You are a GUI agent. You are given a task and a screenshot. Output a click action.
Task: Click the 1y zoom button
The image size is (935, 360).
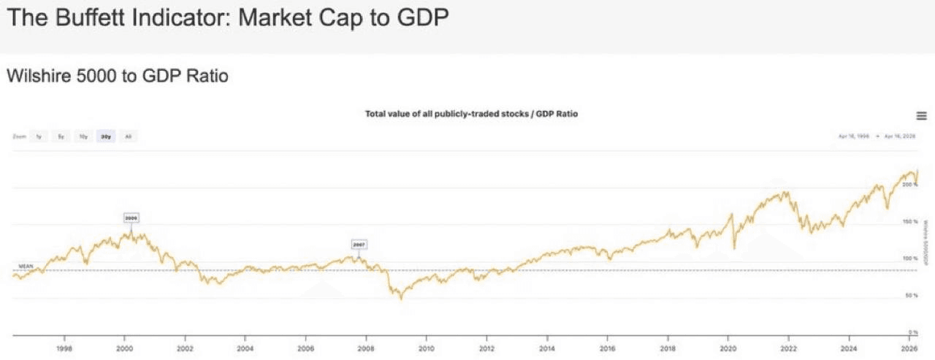click(39, 137)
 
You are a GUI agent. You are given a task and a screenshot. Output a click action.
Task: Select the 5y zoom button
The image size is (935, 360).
click(61, 137)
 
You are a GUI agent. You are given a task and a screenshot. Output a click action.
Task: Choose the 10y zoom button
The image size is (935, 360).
click(83, 137)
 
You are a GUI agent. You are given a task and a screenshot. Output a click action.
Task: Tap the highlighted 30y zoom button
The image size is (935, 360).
click(106, 137)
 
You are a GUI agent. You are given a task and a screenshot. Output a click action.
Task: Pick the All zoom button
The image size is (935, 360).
click(128, 137)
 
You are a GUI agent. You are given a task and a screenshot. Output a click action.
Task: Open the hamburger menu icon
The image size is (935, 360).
click(921, 116)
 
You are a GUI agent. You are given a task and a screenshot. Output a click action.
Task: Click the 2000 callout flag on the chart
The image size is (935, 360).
click(131, 218)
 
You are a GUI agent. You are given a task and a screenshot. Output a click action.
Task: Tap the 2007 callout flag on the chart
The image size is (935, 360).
click(359, 245)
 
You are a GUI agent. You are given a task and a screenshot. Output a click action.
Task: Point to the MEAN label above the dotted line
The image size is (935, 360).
click(26, 266)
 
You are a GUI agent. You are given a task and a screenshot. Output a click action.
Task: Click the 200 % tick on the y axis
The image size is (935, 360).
click(910, 185)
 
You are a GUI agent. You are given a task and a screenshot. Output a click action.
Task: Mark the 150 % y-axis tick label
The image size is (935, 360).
click(910, 221)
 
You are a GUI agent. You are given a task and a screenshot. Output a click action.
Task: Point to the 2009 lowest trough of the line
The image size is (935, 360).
click(401, 299)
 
